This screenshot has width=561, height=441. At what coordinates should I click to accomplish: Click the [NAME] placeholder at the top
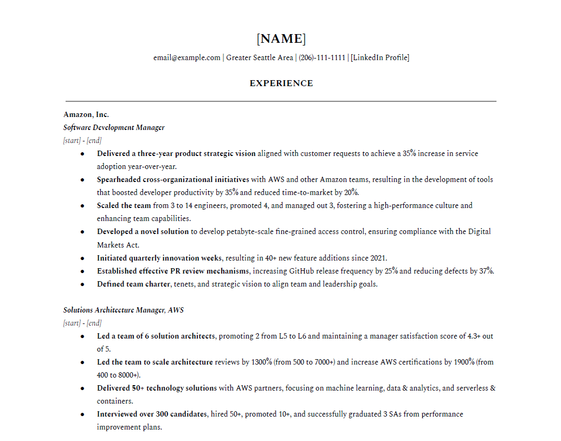pyautogui.click(x=281, y=39)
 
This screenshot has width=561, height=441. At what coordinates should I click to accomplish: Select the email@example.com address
pyautogui.click(x=186, y=57)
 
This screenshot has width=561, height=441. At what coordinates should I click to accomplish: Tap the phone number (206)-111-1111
pyautogui.click(x=322, y=57)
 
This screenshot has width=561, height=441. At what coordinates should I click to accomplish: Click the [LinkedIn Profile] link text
pyautogui.click(x=380, y=57)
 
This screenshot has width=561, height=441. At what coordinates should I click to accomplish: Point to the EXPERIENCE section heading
pyautogui.click(x=281, y=83)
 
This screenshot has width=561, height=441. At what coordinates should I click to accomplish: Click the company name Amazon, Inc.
pyautogui.click(x=86, y=114)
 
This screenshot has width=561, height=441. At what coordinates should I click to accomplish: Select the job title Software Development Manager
pyautogui.click(x=114, y=127)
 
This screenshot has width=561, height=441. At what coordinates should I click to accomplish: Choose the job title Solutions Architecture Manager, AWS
pyautogui.click(x=123, y=310)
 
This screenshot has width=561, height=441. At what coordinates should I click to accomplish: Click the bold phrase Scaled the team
pyautogui.click(x=124, y=205)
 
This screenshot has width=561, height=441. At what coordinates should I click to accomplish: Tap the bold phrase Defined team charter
pyautogui.click(x=133, y=284)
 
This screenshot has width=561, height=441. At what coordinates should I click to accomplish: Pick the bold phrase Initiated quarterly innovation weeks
pyautogui.click(x=159, y=258)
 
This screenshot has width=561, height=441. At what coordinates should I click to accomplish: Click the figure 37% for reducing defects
pyautogui.click(x=486, y=271)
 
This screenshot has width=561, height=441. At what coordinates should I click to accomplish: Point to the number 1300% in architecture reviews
pyautogui.click(x=261, y=362)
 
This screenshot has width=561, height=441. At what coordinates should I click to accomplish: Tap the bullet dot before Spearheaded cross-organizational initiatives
pyautogui.click(x=82, y=180)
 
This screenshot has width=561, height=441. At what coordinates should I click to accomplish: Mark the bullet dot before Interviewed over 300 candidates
pyautogui.click(x=82, y=414)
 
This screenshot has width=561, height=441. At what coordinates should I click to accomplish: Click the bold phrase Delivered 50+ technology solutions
pyautogui.click(x=157, y=388)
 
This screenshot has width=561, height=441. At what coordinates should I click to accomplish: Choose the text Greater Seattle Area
pyautogui.click(x=259, y=57)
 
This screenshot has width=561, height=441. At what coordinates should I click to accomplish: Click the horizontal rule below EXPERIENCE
pyautogui.click(x=281, y=101)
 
